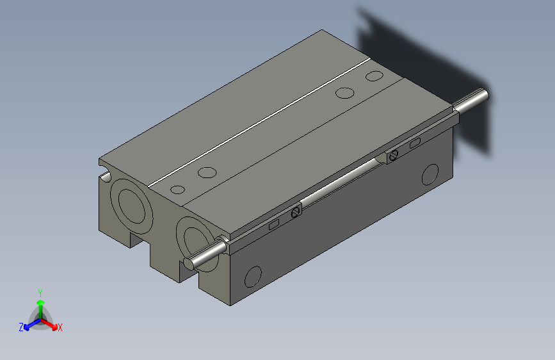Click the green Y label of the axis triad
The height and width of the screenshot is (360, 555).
40,293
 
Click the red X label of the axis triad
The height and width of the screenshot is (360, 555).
60,328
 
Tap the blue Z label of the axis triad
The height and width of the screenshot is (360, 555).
21,327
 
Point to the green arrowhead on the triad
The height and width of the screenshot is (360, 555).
41,303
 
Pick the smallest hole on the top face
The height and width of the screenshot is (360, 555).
178,190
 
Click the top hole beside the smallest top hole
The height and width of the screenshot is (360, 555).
207,172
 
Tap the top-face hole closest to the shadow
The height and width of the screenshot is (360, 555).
374,76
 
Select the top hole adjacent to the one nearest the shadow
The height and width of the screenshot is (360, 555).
345,93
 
